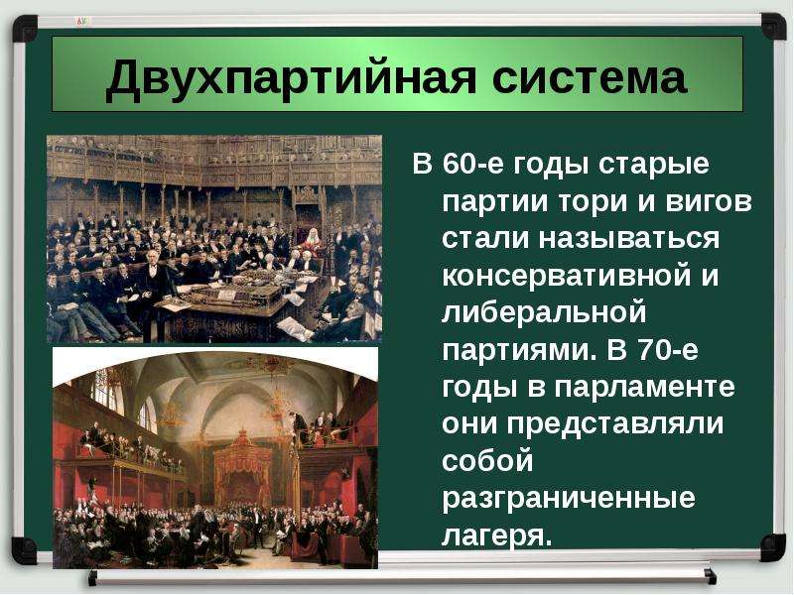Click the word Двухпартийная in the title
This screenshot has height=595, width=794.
291,77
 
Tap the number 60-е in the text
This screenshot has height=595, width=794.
473,164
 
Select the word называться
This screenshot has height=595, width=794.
628,239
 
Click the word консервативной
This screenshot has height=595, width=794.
566,277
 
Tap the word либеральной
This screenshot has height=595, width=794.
544,312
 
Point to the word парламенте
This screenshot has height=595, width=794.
644,388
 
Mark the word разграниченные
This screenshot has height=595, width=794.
569,498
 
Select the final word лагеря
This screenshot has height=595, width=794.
496,535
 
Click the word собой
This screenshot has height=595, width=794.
487,461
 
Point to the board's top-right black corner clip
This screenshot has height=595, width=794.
773,27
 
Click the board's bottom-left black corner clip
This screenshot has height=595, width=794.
24,550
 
